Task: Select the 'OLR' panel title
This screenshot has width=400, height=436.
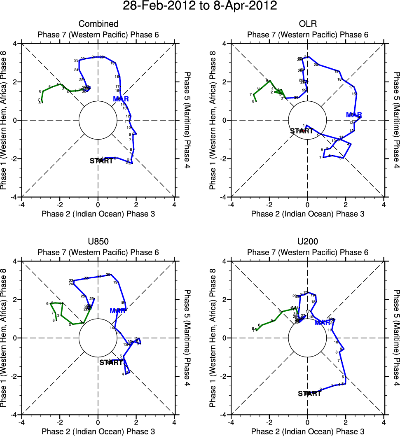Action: click(x=307, y=24)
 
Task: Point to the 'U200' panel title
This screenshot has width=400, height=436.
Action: click(x=307, y=242)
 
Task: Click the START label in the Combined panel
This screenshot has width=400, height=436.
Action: click(x=101, y=161)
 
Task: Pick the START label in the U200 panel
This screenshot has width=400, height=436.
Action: click(x=309, y=393)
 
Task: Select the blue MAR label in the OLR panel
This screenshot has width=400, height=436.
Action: click(x=354, y=115)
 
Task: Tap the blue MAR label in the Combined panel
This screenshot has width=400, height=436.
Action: click(x=121, y=99)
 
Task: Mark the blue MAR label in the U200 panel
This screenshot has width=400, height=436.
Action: click(x=323, y=322)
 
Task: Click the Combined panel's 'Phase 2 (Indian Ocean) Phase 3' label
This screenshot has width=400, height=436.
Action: click(x=98, y=214)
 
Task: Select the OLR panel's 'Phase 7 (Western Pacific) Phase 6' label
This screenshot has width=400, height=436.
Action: click(x=307, y=35)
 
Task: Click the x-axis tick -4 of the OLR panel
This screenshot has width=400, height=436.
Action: click(x=231, y=204)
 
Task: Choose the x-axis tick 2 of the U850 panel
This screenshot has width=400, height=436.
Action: click(x=136, y=422)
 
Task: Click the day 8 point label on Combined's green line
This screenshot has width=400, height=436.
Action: click(x=40, y=103)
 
